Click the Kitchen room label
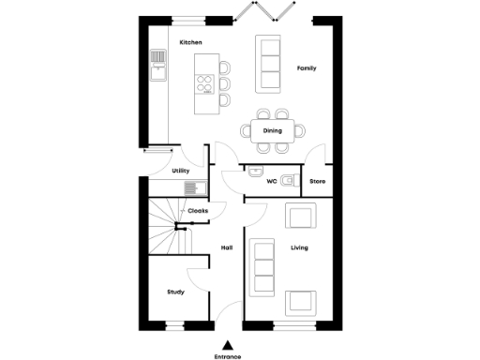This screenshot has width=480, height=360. (191, 43)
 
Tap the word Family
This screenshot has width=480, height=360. (307, 68)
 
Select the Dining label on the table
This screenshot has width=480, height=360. (272, 130)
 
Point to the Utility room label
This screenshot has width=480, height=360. (181, 171)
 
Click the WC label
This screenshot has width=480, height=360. (271, 180)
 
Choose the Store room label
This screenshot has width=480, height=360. (317, 180)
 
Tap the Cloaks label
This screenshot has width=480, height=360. (198, 211)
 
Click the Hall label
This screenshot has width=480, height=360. (226, 247)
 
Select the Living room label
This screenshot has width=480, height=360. (299, 247)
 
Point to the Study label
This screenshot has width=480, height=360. (175, 292)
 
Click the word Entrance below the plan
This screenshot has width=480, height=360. (227, 356)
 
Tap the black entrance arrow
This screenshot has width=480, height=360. (227, 345)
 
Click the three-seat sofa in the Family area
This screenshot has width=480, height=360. (270, 64)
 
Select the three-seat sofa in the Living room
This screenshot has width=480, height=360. (263, 266)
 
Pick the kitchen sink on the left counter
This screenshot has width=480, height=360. (157, 64)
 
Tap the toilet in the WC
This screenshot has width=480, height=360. (289, 179)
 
